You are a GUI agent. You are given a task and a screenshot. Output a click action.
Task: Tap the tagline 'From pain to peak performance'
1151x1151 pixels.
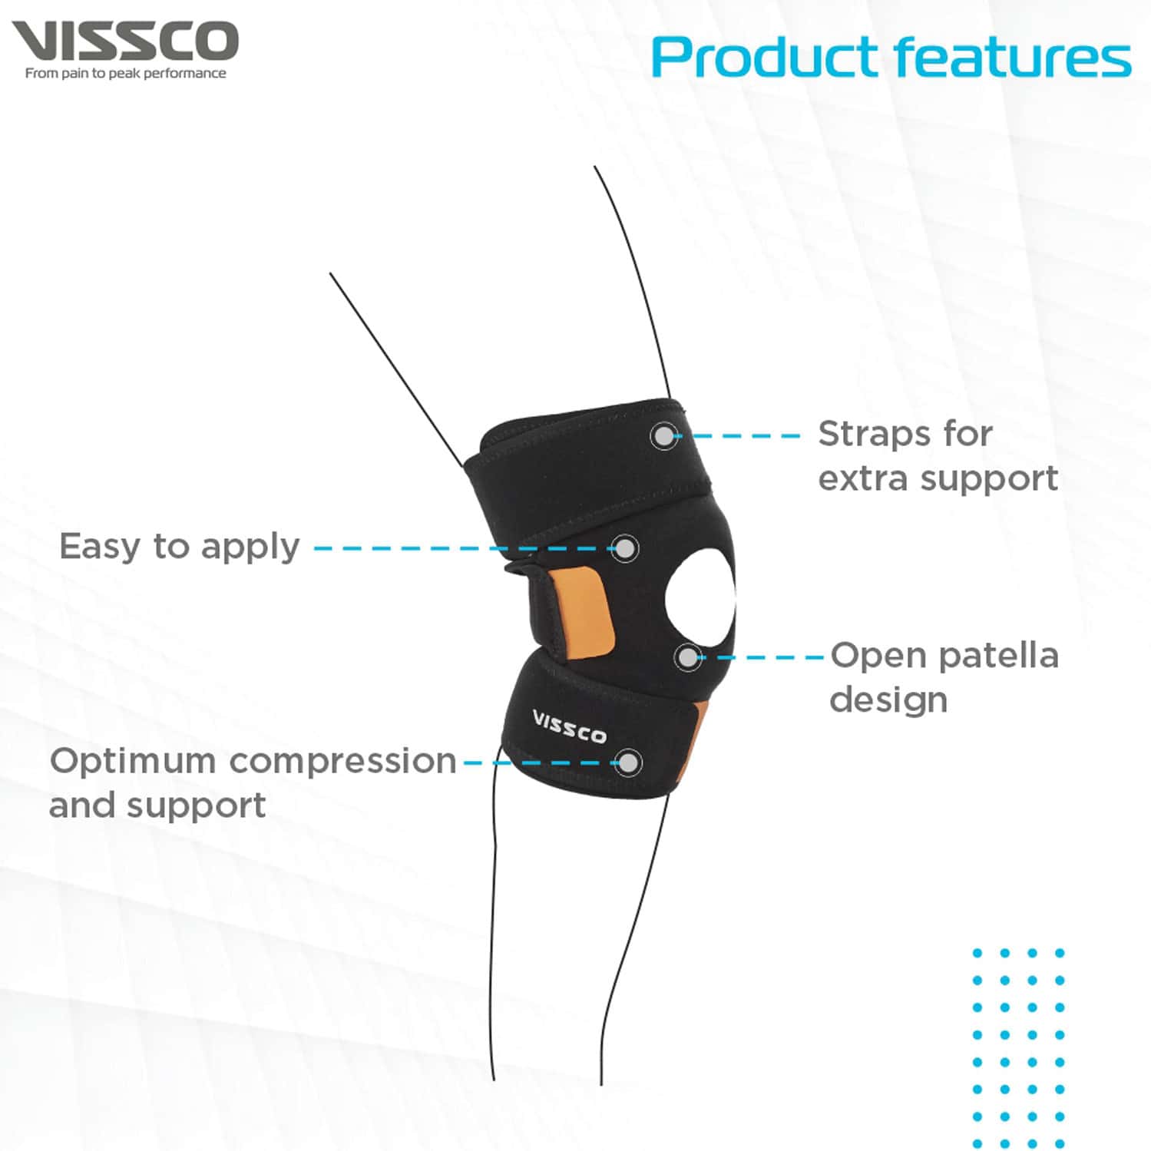[x=125, y=74]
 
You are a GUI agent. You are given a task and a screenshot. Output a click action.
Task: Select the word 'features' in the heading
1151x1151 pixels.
[x=1012, y=58]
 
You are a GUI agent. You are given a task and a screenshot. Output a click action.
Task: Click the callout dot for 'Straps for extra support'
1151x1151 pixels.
[x=664, y=436]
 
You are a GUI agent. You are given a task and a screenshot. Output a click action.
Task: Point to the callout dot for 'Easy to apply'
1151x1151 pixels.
[x=626, y=548]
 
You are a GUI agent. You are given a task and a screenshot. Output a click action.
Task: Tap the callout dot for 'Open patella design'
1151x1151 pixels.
[x=688, y=657]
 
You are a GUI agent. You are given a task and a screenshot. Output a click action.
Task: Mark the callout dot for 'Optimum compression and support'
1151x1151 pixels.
[x=628, y=762]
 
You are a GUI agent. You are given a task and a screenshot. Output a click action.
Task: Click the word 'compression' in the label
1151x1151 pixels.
[x=342, y=762]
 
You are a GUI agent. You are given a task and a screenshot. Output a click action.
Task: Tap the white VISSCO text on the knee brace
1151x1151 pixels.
[x=569, y=726]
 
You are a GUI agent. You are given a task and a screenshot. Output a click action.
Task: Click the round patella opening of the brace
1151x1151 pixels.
[x=700, y=600]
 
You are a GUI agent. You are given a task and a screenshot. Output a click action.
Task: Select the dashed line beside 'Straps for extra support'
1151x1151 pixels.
[x=745, y=436]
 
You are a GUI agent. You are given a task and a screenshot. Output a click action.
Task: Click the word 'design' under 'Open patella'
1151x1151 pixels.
[x=888, y=700]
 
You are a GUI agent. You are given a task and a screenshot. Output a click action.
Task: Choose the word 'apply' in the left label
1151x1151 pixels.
[x=250, y=548]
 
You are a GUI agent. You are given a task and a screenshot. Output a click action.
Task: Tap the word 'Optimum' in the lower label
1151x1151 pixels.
[x=133, y=762]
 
